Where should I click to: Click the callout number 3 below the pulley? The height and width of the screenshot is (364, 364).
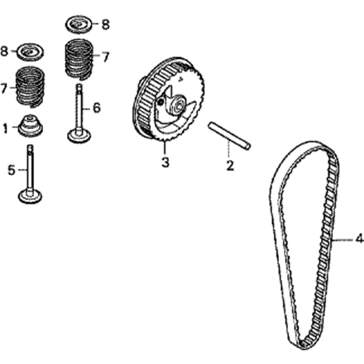(165, 162)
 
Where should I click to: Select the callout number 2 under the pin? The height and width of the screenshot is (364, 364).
(230, 165)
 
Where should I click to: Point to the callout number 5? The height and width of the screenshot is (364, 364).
(12, 170)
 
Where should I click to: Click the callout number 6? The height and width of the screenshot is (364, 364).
(96, 108)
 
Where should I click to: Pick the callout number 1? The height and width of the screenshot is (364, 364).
(5, 128)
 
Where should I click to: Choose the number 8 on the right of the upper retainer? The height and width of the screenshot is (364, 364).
(106, 24)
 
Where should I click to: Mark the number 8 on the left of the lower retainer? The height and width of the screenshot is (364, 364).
(4, 51)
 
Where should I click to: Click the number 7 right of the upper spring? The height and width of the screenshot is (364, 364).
(106, 57)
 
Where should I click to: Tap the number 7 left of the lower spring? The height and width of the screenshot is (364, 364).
(4, 88)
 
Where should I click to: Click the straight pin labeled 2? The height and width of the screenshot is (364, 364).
(229, 136)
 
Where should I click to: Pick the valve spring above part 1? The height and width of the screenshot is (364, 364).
(30, 87)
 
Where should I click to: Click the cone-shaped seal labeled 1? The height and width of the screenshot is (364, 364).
(31, 126)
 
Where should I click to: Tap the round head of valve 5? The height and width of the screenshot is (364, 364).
(30, 196)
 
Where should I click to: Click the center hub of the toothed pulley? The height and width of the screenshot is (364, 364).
(178, 106)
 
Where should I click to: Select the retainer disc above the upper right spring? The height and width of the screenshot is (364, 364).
(79, 24)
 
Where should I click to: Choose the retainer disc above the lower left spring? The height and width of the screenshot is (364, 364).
(30, 52)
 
